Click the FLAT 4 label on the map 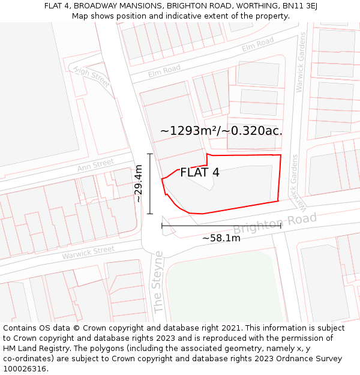click(x=200, y=173)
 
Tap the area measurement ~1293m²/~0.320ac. click(x=221, y=130)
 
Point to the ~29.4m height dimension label click(x=138, y=184)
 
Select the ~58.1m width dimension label click(x=221, y=238)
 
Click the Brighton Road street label click(x=274, y=224)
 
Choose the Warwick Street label click(x=88, y=253)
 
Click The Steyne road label click(x=158, y=281)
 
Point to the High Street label click(x=92, y=77)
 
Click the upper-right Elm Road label click(x=257, y=44)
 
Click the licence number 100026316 click(x=26, y=369)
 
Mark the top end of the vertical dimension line click(x=150, y=154)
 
